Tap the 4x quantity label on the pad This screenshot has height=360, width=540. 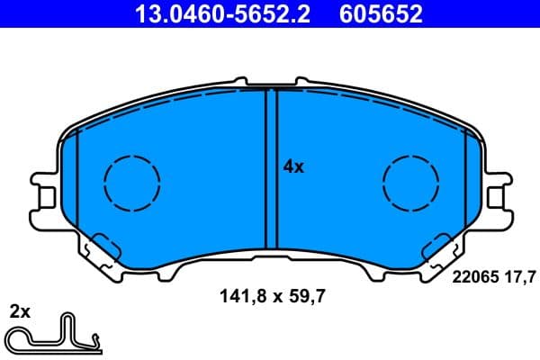(x=293, y=166)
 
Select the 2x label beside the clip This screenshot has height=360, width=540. (x=20, y=313)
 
